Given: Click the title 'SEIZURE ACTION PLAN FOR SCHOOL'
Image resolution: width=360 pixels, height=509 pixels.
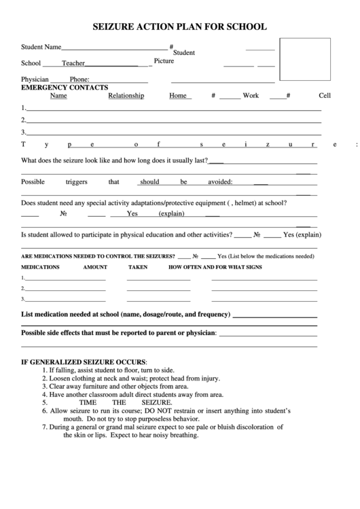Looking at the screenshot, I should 179,27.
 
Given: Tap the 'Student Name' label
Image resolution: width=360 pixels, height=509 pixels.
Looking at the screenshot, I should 41,48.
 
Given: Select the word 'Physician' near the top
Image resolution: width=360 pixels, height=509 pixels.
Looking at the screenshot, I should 35,80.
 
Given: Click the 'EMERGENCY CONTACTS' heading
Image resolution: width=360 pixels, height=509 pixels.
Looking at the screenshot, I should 65,88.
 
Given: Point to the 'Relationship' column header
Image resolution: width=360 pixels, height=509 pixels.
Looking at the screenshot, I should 126,96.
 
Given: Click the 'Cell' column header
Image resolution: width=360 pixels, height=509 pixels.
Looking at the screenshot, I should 324,96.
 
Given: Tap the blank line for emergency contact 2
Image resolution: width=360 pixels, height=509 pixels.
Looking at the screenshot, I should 173,120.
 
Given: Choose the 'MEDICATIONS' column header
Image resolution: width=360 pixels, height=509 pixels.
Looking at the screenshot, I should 40,267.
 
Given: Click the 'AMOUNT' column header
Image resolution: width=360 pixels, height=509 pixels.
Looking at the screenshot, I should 95,267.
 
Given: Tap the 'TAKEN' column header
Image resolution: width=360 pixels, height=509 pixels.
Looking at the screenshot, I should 138,267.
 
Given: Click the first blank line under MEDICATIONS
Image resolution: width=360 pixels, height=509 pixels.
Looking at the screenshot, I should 66,279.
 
